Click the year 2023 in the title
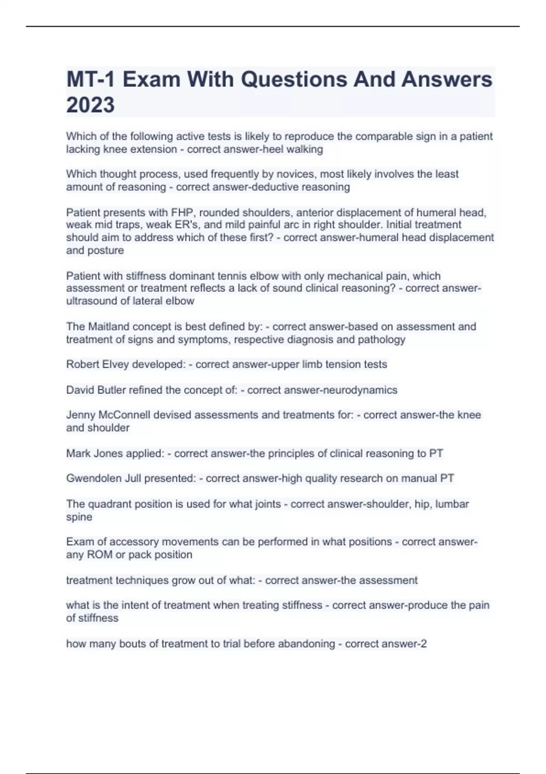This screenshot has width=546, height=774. [90, 105]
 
